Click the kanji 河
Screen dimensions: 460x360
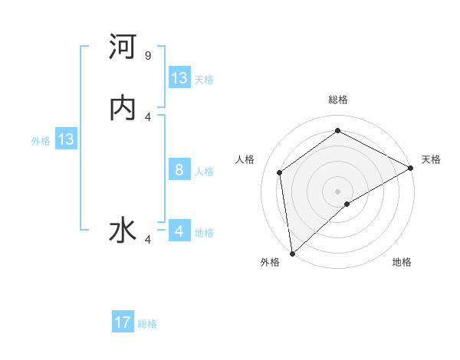click(123, 48)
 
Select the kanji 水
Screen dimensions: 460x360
click(123, 231)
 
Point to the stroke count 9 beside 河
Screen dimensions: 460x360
click(148, 56)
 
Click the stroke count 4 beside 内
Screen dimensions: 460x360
click(148, 116)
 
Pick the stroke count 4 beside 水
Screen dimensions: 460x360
click(148, 239)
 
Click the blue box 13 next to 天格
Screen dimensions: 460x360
click(179, 78)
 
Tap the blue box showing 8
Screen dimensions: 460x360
click(179, 170)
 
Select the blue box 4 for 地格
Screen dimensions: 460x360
click(179, 231)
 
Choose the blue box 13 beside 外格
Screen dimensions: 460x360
click(66, 139)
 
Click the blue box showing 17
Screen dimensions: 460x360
click(123, 322)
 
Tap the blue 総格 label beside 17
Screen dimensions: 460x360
click(147, 324)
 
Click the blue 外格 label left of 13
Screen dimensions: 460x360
click(41, 141)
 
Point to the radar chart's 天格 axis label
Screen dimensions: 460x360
click(431, 159)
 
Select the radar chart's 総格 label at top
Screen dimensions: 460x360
click(338, 100)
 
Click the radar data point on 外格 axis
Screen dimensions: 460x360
click(292, 253)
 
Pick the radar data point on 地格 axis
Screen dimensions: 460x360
click(347, 204)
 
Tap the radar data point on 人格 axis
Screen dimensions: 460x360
click(280, 172)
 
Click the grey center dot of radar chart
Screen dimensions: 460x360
click(338, 191)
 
